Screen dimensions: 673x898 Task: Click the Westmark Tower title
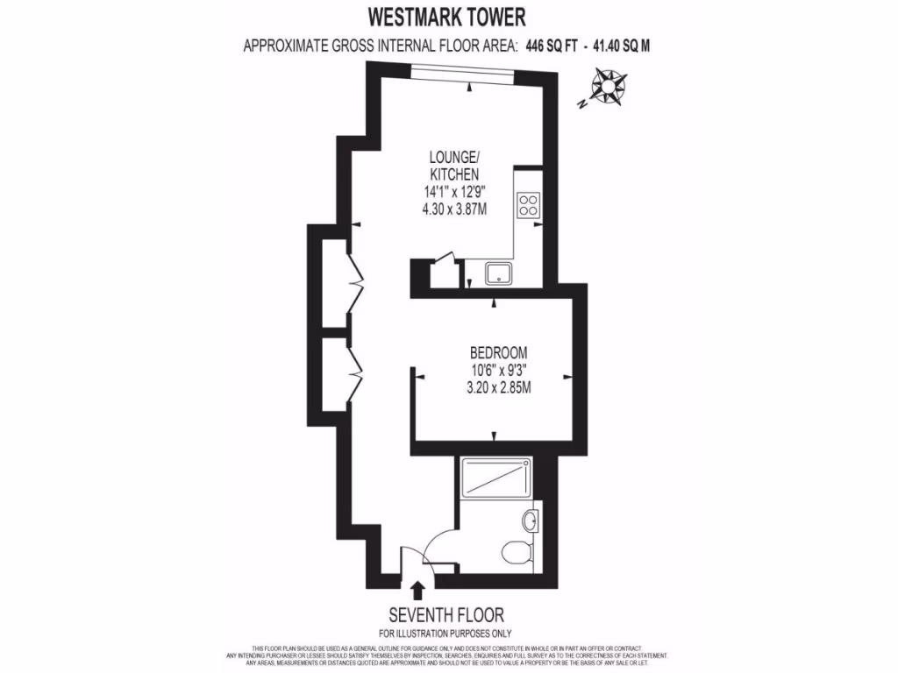point(448,17)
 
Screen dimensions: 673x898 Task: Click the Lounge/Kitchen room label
point(453,166)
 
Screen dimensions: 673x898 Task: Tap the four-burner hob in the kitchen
point(528,205)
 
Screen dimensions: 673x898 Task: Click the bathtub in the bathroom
point(495,478)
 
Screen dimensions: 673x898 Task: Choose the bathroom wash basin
point(531,521)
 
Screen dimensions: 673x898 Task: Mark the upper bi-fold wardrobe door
point(356,284)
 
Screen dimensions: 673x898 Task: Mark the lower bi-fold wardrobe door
point(356,372)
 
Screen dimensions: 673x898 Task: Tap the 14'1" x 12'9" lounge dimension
point(453,192)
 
